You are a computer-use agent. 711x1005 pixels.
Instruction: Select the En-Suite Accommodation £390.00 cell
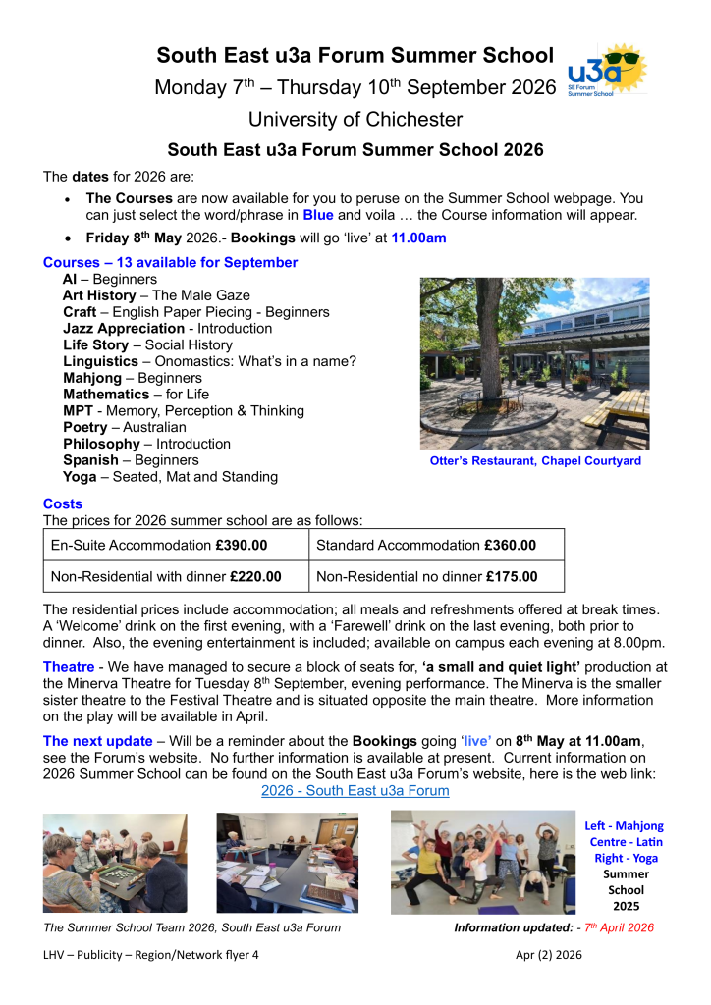[x=176, y=545]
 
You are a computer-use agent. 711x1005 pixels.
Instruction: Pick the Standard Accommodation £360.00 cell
[x=436, y=545]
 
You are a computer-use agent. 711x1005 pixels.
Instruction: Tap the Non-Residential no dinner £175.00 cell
[x=436, y=576]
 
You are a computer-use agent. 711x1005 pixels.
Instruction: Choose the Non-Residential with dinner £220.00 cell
[x=176, y=576]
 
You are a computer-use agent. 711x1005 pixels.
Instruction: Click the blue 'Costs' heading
[x=63, y=503]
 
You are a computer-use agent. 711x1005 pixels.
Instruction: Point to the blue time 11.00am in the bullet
[x=418, y=238]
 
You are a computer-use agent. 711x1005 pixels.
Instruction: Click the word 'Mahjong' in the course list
[x=91, y=378]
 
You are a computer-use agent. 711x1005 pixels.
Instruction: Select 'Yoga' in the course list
[x=80, y=477]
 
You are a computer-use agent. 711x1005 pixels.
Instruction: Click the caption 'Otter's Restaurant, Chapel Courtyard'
[x=535, y=461]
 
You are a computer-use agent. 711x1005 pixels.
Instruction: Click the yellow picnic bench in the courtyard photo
[x=623, y=417]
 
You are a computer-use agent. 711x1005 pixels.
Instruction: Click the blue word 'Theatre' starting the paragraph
[x=69, y=667]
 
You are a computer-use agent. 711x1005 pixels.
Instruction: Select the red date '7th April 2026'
[x=618, y=927]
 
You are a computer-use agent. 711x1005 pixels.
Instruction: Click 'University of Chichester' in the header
[x=355, y=120]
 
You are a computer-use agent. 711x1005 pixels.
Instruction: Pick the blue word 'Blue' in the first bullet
[x=318, y=214]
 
